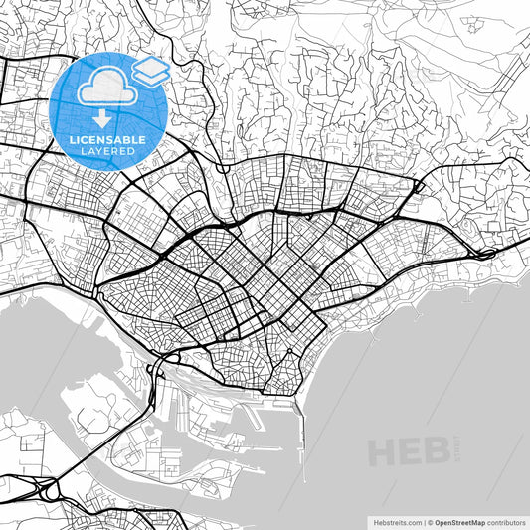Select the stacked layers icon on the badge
pos(150,71)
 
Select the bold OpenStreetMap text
pos(458,521)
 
